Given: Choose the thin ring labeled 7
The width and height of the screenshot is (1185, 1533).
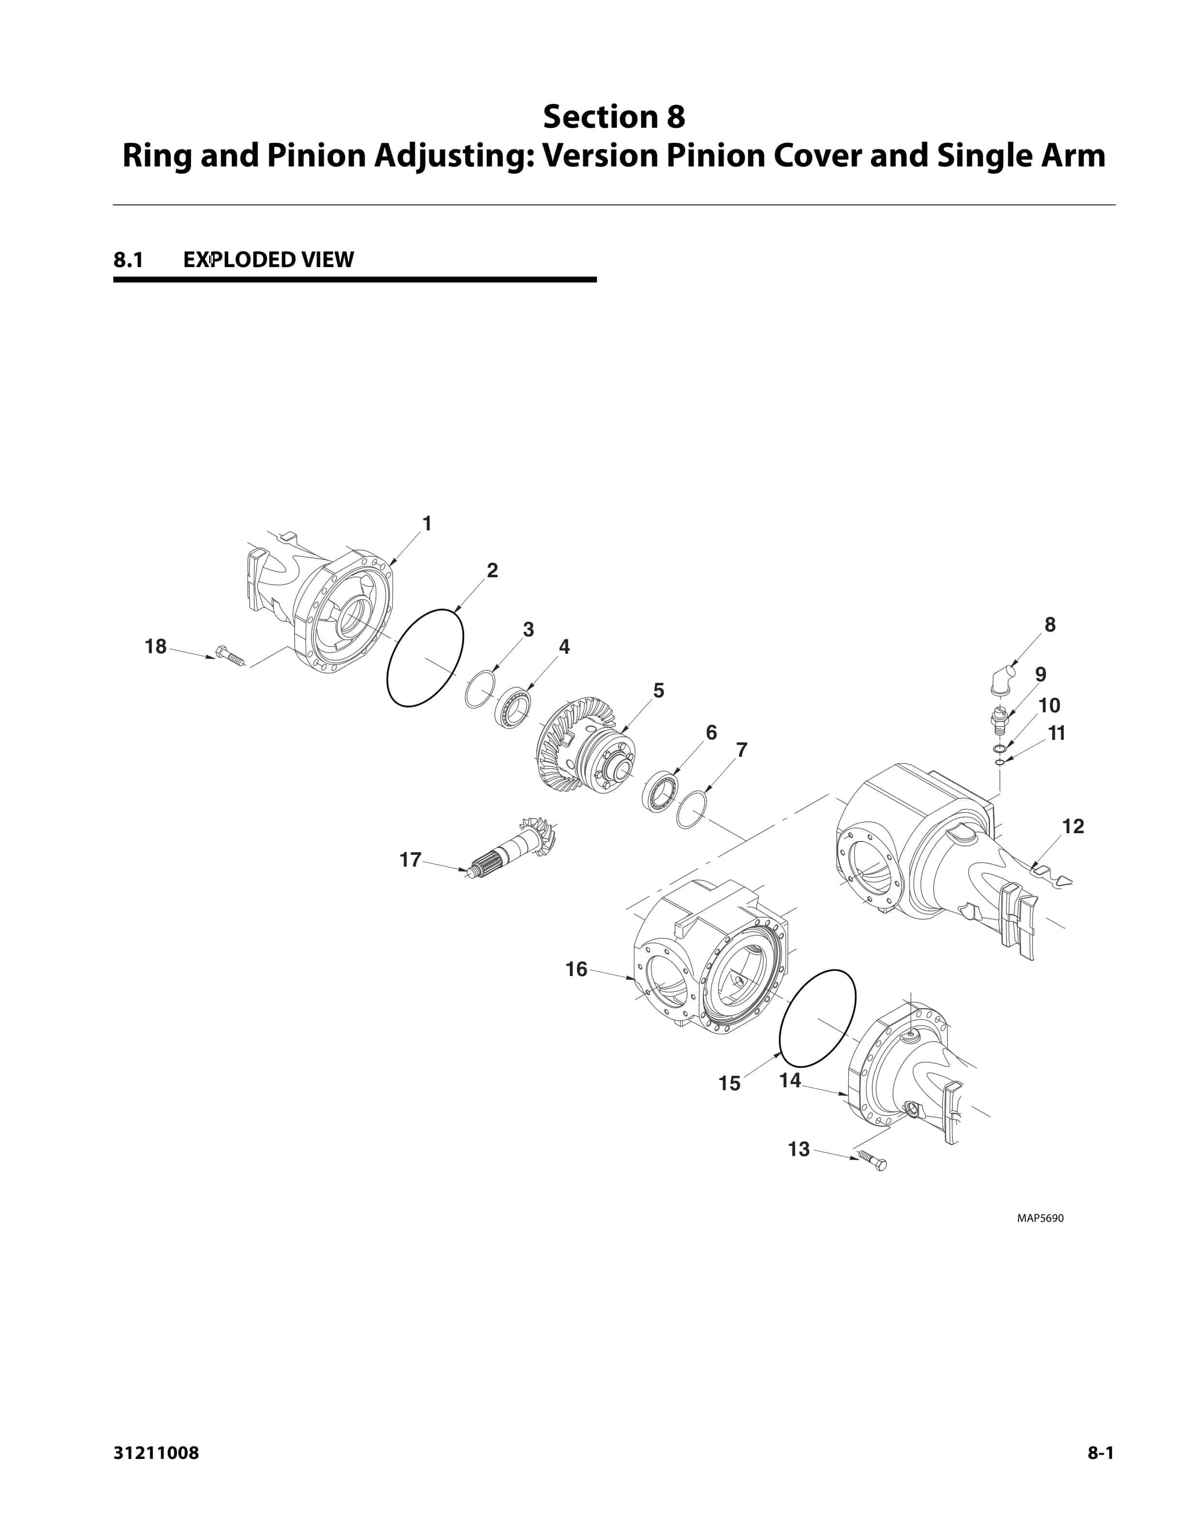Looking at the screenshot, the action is click(x=691, y=809).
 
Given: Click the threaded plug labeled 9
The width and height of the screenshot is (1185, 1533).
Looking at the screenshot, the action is click(x=1000, y=720).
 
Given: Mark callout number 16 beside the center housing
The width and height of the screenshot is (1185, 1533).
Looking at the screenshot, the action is click(x=577, y=969).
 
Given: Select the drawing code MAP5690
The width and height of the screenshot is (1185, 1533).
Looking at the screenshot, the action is click(x=1040, y=1218).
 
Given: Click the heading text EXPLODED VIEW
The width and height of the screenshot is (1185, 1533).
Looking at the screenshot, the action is click(x=268, y=260).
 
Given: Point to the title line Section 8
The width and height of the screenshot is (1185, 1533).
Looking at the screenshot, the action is click(x=614, y=117).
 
